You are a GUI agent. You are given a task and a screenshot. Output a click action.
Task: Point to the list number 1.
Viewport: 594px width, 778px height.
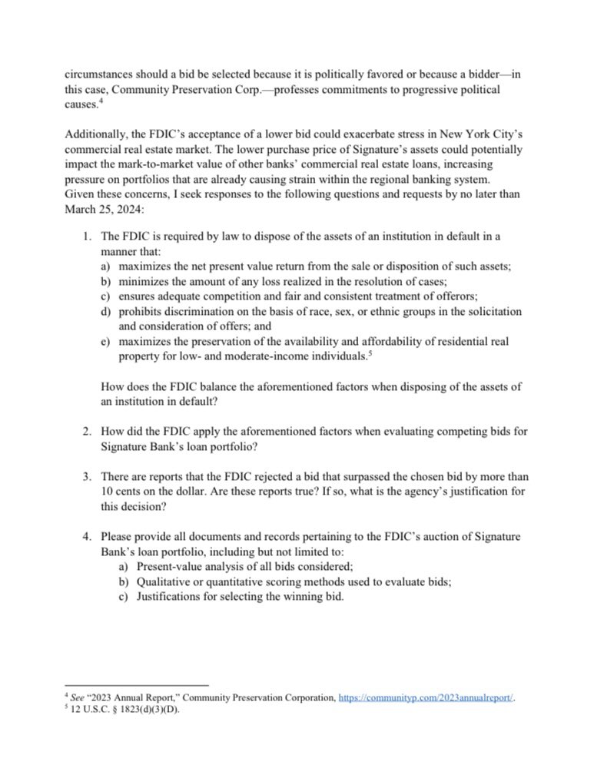(87, 236)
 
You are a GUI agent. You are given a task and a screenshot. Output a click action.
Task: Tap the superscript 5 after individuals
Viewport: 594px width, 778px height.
(370, 352)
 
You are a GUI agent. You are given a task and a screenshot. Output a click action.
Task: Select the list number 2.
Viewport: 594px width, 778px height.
(87, 432)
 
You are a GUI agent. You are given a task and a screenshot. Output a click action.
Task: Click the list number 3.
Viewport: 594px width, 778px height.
(87, 476)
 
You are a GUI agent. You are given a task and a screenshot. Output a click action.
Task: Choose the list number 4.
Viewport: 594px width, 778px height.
(87, 535)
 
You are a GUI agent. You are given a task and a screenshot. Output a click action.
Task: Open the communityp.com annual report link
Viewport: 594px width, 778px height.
(426, 697)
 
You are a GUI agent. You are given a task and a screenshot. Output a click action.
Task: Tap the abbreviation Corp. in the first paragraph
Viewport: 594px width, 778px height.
(241, 91)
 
